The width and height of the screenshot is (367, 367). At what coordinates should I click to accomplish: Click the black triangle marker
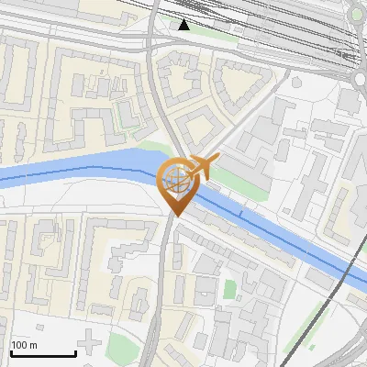coord(184,25)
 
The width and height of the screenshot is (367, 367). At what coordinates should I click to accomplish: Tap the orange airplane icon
coord(202,167)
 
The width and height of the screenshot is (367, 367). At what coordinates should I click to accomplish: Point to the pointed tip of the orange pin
coord(175,216)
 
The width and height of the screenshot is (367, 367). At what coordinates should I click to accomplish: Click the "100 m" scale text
coord(24,345)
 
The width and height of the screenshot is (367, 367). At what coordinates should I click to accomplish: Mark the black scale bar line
coord(42,353)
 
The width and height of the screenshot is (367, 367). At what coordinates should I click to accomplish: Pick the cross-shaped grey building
coord(89,344)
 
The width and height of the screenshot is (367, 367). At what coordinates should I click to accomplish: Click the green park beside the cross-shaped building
coord(124,347)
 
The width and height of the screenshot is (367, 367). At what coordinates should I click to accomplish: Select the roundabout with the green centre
coord(361,12)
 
